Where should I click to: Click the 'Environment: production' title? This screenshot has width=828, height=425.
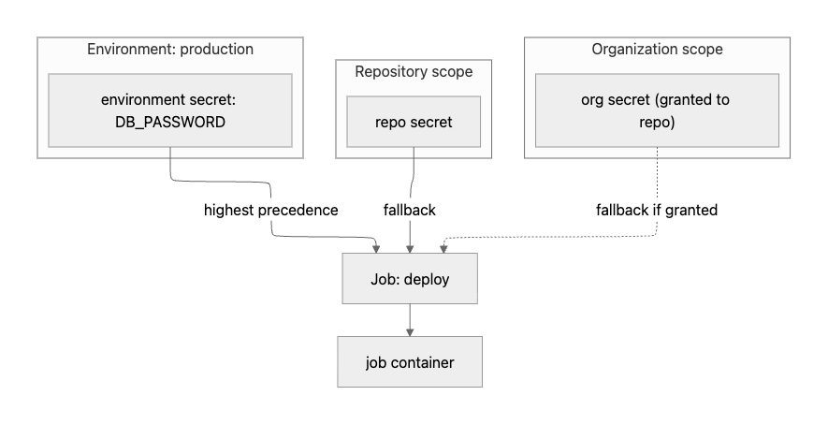tap(170, 49)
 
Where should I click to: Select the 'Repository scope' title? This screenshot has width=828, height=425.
tap(414, 71)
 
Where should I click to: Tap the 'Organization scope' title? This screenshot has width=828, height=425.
tap(657, 49)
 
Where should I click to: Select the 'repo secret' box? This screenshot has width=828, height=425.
tap(414, 122)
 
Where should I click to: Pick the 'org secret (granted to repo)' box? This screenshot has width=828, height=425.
tap(657, 110)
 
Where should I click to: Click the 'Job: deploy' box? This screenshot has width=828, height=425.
tap(410, 279)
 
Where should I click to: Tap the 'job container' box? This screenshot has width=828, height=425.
tap(410, 362)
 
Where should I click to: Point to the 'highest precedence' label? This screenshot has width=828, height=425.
tap(270, 210)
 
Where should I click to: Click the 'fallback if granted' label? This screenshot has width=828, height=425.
tap(657, 210)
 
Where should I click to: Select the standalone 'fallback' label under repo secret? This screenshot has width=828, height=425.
tap(410, 210)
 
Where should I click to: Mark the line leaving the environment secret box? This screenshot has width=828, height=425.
tap(170, 164)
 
